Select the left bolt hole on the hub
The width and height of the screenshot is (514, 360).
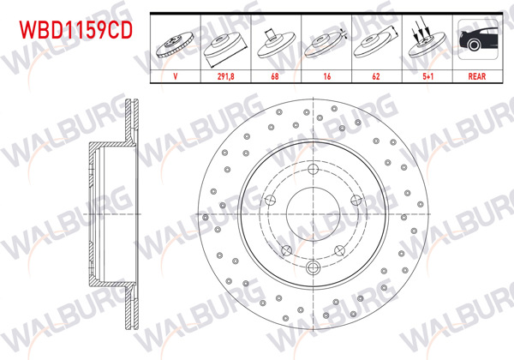(x=269, y=201)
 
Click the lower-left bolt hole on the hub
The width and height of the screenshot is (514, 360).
(x=285, y=250)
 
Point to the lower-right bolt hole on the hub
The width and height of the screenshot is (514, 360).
(x=340, y=250)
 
